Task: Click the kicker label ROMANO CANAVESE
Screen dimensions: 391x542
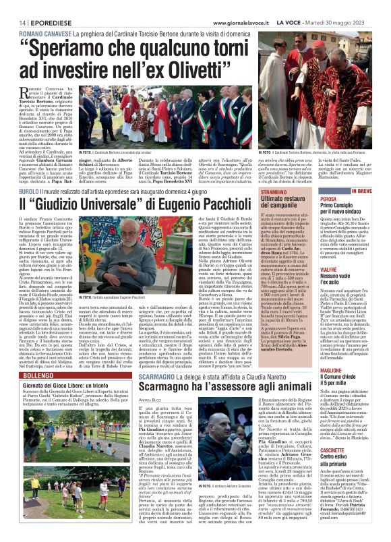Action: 45,32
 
